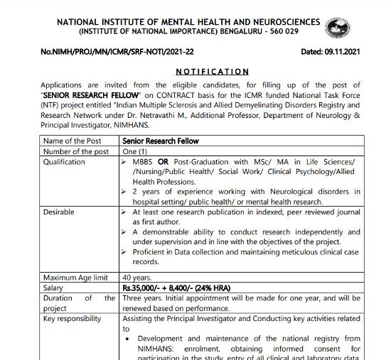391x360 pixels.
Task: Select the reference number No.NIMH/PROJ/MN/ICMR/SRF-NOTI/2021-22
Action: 118,52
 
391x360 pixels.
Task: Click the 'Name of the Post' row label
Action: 73,141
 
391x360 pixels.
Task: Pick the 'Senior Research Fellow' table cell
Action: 160,141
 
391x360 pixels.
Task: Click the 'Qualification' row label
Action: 65,162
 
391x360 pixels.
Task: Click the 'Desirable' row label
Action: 59,212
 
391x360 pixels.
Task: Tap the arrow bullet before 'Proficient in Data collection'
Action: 126,252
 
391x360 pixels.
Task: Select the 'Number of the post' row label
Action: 76,151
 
